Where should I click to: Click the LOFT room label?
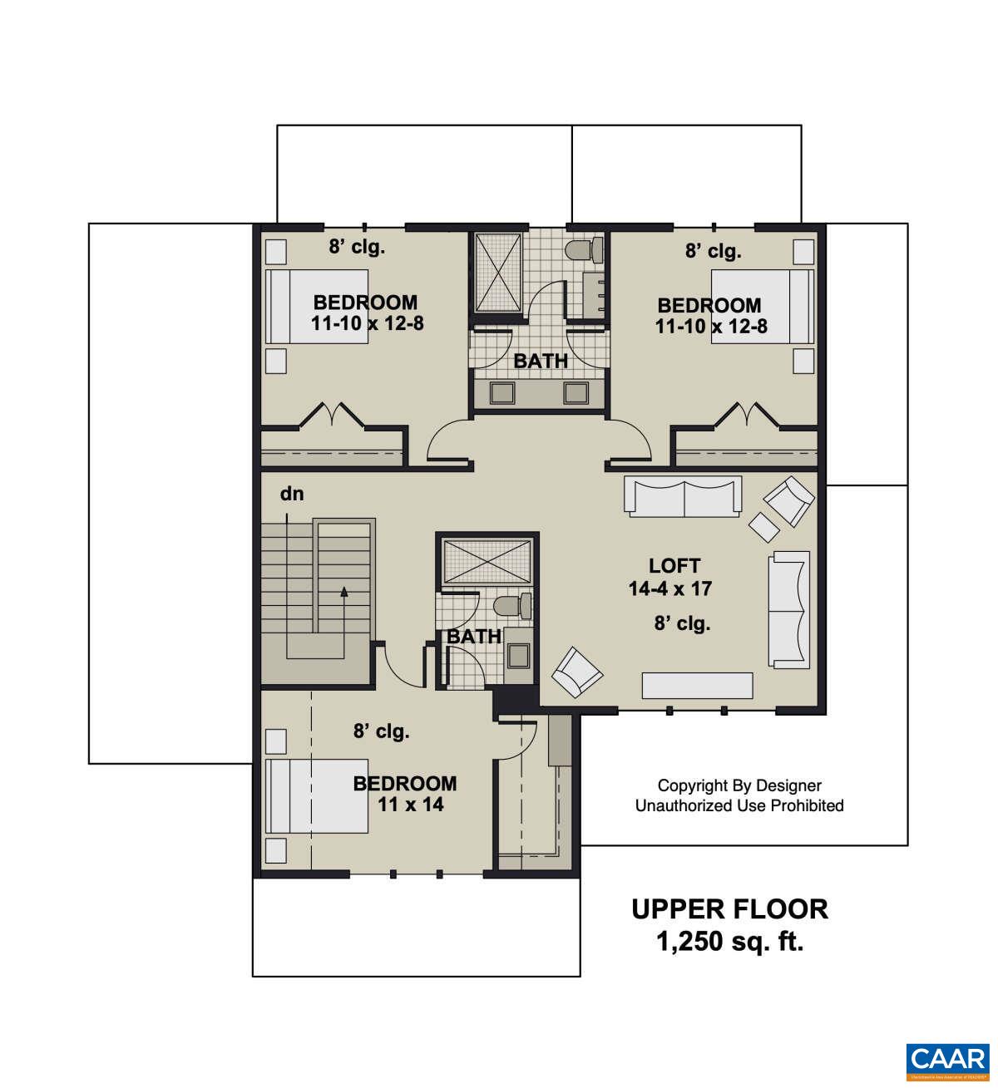(x=674, y=566)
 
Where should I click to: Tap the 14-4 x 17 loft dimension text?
(x=670, y=589)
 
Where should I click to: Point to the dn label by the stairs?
(x=292, y=494)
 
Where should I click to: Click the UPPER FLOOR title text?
(x=729, y=909)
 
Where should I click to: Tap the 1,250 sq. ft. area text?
(x=729, y=943)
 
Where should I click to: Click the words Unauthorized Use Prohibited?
(x=739, y=805)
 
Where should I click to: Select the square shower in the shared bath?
(x=497, y=273)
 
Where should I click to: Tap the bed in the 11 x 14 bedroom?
(x=317, y=795)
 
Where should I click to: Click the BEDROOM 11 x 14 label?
(x=405, y=794)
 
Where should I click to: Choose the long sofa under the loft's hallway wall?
(x=683, y=497)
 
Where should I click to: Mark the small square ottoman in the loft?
(x=763, y=524)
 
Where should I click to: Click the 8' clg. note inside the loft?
(x=682, y=623)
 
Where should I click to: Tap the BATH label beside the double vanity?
(x=541, y=361)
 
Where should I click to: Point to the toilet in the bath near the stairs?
(x=509, y=607)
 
